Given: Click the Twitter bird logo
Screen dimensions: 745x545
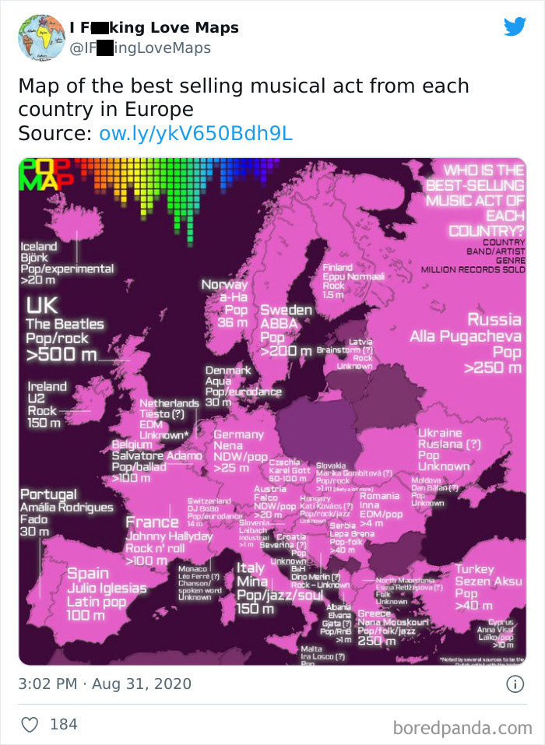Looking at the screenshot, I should tap(515, 26).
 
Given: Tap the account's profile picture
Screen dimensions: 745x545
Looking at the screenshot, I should tap(41, 37).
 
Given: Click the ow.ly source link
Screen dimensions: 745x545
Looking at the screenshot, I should tap(195, 133).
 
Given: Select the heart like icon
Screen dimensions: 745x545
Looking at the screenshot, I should tap(29, 725).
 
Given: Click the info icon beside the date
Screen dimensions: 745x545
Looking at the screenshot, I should tap(515, 684).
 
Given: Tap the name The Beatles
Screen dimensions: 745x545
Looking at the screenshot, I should tap(64, 324).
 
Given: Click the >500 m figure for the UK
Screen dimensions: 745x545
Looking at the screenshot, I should tap(62, 355).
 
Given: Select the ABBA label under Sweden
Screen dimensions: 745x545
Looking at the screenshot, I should tap(275, 324).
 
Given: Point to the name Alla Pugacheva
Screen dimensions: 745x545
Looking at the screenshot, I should tap(465, 336).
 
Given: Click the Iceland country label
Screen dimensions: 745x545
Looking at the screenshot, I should tap(39, 246).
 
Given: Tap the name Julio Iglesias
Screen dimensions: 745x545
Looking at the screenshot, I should tap(107, 588).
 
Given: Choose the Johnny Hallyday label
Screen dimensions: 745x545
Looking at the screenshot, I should tap(169, 536).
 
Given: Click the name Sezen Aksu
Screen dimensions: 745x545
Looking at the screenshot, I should tap(489, 582).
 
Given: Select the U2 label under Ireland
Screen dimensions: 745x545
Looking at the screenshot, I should tap(38, 399).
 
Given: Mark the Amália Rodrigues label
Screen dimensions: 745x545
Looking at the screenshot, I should tap(67, 508).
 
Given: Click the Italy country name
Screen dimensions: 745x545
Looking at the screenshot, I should tap(250, 568).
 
